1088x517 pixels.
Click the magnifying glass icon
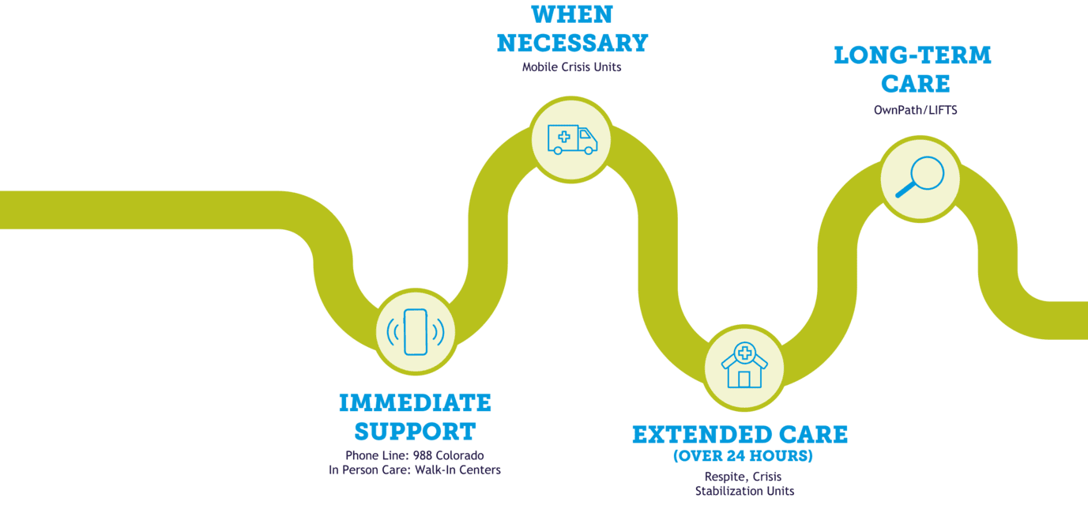920,177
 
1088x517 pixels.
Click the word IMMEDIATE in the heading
415,402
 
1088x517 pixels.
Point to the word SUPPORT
415,432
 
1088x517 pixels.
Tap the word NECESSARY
572,42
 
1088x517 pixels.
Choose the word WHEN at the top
572,13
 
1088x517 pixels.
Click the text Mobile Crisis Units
572,67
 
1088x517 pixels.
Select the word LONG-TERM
913,55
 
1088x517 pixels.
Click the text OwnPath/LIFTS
915,111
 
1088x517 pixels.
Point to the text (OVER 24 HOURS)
743,457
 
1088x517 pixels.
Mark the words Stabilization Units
745,491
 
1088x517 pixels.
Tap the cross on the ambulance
563,137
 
